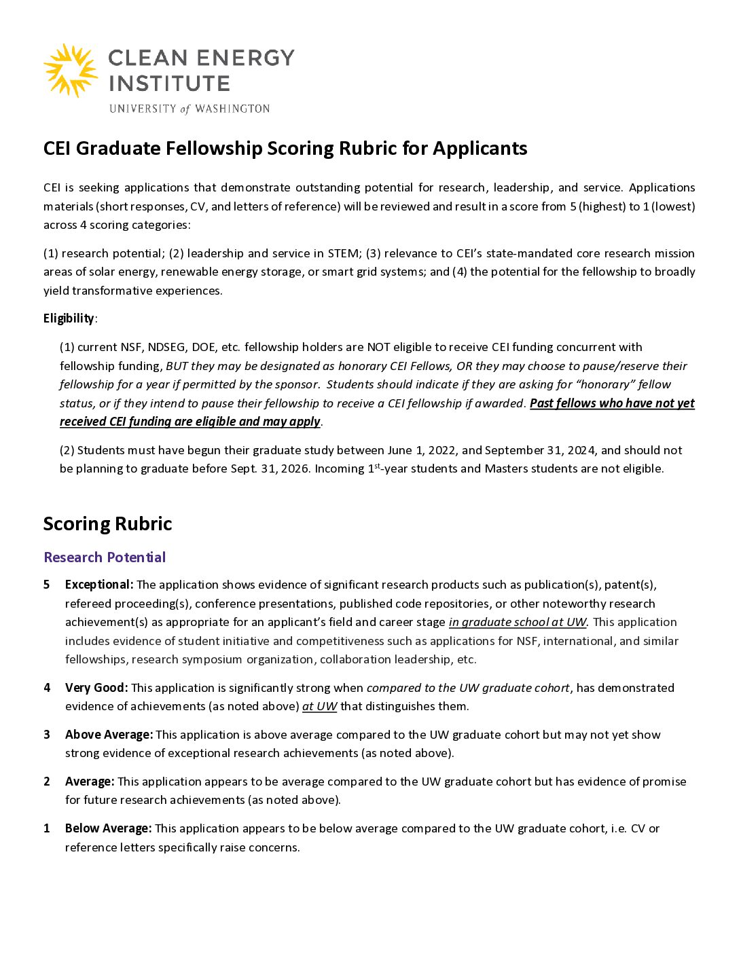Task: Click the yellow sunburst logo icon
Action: tap(71, 71)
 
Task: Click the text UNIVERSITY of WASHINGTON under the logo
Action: tap(190, 109)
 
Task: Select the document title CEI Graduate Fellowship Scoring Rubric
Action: tap(285, 149)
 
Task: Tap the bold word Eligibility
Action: tap(69, 318)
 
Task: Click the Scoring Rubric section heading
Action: tap(107, 523)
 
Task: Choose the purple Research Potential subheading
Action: tap(105, 557)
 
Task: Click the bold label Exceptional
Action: tap(98, 585)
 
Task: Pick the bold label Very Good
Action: tap(96, 688)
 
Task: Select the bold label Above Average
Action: tap(109, 735)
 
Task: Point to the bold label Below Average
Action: tap(108, 828)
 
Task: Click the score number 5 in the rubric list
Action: tap(47, 585)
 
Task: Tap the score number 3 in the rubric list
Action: tap(47, 735)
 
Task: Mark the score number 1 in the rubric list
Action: tap(47, 828)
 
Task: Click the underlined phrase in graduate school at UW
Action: tap(518, 622)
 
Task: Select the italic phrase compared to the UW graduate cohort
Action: tap(468, 688)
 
